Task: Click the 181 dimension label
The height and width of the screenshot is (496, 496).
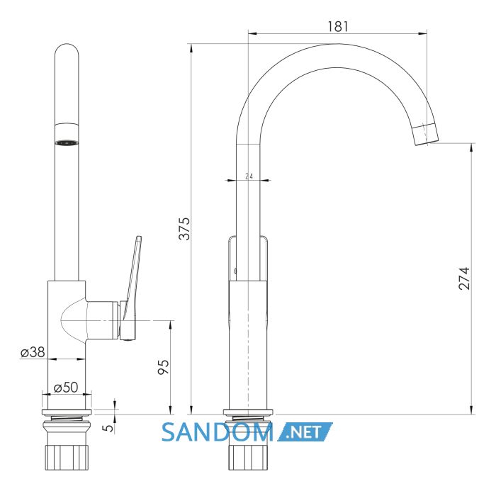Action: point(338,27)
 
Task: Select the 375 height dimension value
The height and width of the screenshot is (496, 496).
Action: point(185,229)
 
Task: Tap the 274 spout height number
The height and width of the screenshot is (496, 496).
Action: point(464,278)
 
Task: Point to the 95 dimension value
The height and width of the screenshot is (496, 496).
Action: point(164,367)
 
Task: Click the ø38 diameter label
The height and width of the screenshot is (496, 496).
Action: point(33,352)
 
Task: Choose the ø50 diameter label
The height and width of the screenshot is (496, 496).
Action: point(66,387)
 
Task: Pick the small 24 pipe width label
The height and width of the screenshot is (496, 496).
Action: point(249,176)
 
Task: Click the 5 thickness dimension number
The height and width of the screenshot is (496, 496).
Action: point(108,428)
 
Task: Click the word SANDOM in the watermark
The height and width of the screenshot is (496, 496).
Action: point(218,432)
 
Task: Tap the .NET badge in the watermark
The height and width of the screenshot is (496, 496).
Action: point(305,432)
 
